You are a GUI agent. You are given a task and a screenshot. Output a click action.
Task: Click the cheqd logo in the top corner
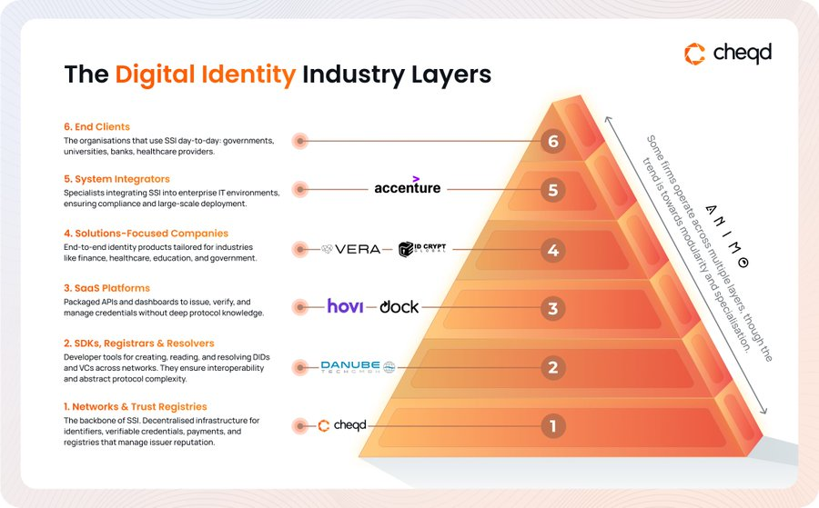point(727,54)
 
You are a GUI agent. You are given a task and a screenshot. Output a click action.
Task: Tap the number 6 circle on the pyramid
point(552,141)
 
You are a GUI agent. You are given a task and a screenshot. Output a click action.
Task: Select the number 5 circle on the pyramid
point(552,191)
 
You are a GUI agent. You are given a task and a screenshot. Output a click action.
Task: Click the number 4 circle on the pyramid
point(552,249)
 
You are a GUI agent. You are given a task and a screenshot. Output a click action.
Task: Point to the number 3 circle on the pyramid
point(552,309)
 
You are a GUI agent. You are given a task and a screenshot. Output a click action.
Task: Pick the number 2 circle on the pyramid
point(552,368)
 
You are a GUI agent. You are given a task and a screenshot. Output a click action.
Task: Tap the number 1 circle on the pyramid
point(552,424)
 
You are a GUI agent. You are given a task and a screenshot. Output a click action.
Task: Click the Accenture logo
point(408,187)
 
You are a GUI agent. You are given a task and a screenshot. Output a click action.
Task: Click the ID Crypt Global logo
point(424,249)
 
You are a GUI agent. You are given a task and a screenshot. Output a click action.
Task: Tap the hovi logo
point(346,306)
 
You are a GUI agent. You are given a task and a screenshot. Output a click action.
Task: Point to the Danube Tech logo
point(358,367)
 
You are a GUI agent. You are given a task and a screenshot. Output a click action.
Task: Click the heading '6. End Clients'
point(96,127)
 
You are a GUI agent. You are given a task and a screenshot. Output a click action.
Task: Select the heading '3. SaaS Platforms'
point(106,288)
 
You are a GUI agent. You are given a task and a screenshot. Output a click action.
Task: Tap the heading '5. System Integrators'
point(116,179)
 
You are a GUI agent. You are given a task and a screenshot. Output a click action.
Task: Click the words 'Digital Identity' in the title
point(206,75)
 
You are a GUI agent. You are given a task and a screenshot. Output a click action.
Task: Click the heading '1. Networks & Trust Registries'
point(135,407)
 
